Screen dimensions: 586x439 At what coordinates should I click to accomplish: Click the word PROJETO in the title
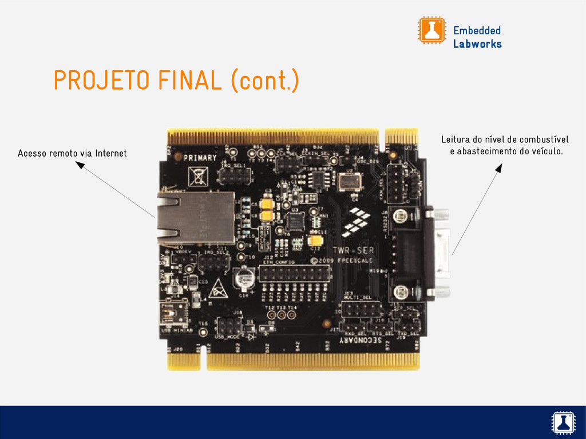pyautogui.click(x=101, y=81)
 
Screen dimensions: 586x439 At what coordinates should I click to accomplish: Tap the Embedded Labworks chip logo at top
pyautogui.click(x=431, y=30)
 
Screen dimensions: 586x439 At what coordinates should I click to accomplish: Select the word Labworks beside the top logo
pyautogui.click(x=477, y=44)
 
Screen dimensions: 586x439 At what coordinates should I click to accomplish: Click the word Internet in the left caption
pyautogui.click(x=111, y=153)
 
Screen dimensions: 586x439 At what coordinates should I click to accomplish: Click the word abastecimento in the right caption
pyautogui.click(x=486, y=151)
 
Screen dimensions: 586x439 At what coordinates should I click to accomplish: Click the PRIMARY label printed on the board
pyautogui.click(x=200, y=158)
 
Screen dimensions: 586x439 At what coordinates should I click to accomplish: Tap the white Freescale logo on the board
pyautogui.click(x=358, y=223)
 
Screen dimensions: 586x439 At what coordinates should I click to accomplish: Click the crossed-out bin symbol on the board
pyautogui.click(x=198, y=175)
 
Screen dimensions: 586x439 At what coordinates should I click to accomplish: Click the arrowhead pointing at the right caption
pyautogui.click(x=498, y=168)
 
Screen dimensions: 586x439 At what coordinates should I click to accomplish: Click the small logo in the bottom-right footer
pyautogui.click(x=562, y=422)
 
